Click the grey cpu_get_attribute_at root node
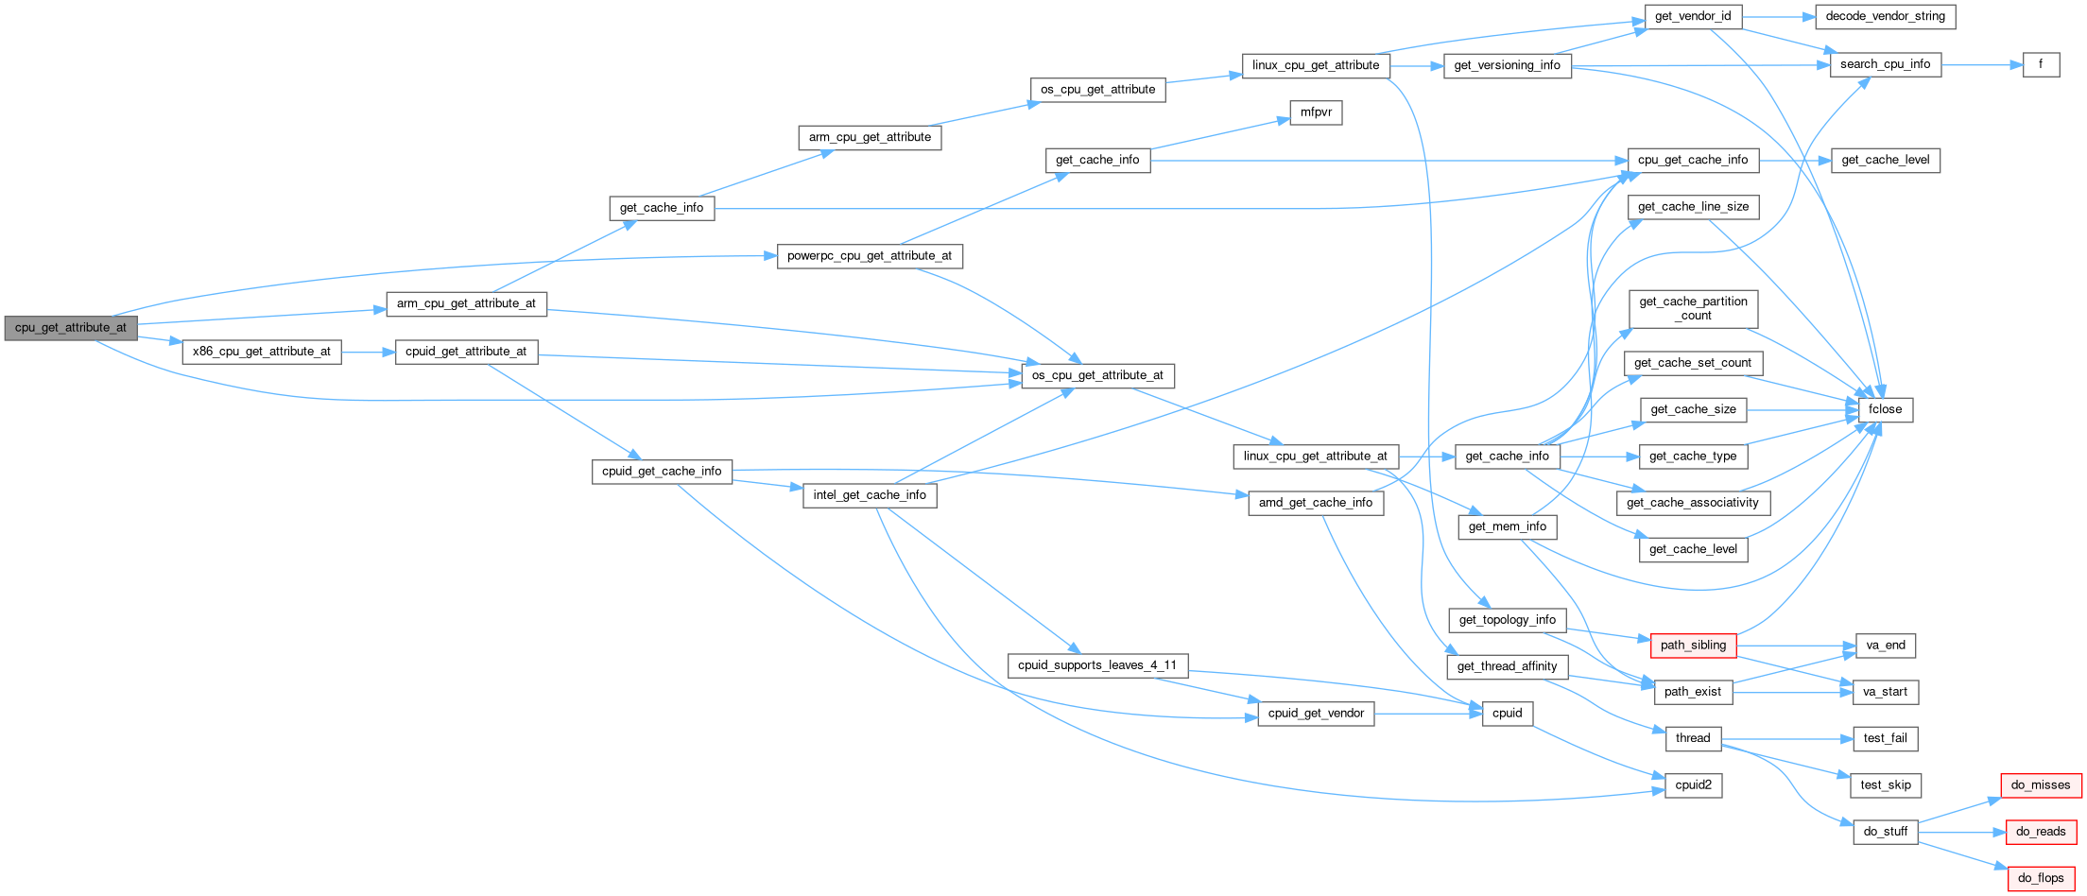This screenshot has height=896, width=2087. click(x=71, y=328)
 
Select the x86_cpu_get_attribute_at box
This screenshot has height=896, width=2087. click(x=262, y=352)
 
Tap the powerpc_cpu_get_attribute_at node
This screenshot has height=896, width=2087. click(x=870, y=256)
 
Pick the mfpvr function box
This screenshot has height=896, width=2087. click(x=1316, y=112)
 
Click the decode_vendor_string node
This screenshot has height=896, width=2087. click(x=1885, y=16)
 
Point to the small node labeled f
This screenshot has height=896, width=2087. click(x=2041, y=64)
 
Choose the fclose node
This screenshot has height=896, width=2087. click(x=1885, y=409)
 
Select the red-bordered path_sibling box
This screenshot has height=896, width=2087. click(x=1693, y=646)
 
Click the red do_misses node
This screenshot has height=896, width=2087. click(x=2041, y=785)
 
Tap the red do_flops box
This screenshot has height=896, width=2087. click(x=2041, y=878)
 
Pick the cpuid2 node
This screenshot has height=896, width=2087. click(x=1693, y=785)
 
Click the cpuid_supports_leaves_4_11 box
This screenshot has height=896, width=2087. click(x=1097, y=665)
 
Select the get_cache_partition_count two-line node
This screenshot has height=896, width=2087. click(x=1693, y=309)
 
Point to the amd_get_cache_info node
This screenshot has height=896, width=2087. click(x=1316, y=503)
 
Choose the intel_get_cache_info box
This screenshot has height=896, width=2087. click(x=870, y=495)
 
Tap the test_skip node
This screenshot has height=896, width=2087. click(x=1885, y=785)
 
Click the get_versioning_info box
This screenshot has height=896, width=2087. click(x=1508, y=65)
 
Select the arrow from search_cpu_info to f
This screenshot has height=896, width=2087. click(x=1982, y=64)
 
